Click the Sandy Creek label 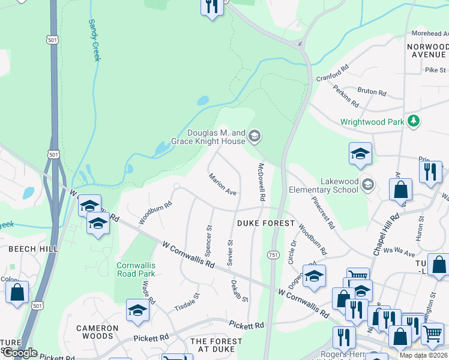(95, 40)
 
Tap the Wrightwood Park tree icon (413, 122)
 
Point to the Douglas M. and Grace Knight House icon (255, 137)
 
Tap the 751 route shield (273, 255)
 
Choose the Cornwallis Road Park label (136, 269)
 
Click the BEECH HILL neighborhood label (32, 248)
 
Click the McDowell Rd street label (262, 181)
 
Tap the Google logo (19, 353)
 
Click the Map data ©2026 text (423, 355)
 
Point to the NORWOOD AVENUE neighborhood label (427, 50)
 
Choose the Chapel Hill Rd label (386, 235)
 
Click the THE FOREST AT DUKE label (216, 345)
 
